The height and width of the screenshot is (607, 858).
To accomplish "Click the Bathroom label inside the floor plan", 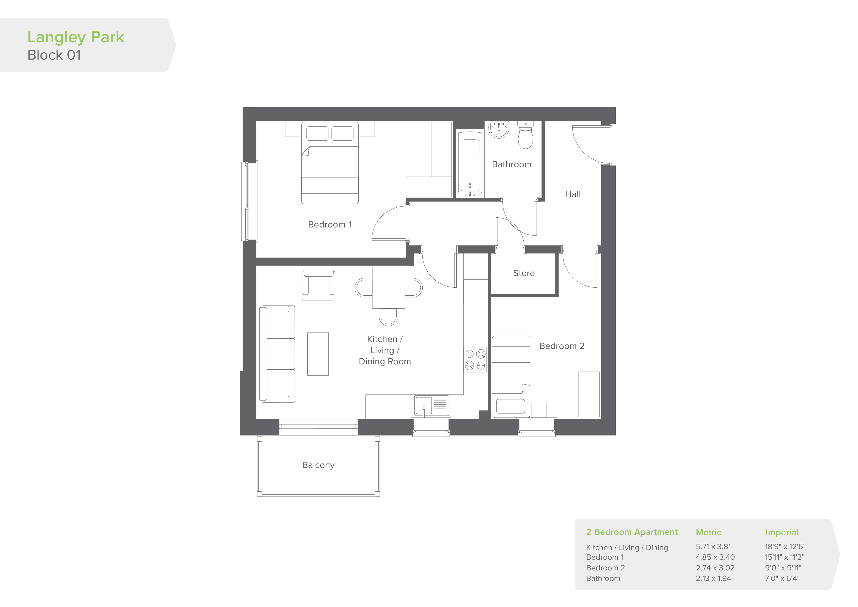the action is pos(512,165).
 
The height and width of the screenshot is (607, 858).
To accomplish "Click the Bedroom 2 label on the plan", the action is pos(562,346).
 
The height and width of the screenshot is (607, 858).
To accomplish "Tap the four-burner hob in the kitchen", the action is pos(475,360).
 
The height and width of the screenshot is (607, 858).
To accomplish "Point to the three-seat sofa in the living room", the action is pos(277,354).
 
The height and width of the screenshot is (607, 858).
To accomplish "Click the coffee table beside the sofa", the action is pos(318,354).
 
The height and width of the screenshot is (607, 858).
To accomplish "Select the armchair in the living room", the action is pos(318,284).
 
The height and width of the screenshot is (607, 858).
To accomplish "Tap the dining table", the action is pos(389,288).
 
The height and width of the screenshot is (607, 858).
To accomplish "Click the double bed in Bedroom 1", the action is pos(330,163).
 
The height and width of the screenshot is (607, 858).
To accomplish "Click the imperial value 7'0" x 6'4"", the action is pos(782,579).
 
